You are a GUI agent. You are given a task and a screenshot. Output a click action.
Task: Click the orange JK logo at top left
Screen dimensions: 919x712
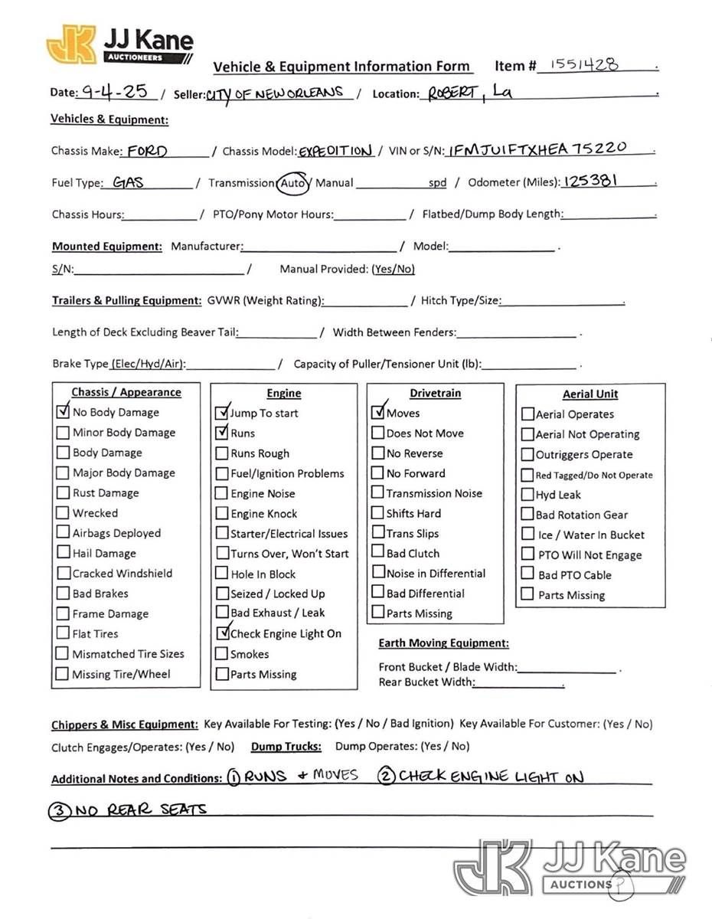(71, 44)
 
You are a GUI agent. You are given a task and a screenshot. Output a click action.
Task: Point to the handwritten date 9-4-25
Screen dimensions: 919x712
(115, 92)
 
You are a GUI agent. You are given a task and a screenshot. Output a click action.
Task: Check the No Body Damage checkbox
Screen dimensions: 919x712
(63, 411)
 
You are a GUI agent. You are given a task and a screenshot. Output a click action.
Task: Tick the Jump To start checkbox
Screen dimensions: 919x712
(222, 413)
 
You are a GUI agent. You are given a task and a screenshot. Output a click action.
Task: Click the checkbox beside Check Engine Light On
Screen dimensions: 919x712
(222, 633)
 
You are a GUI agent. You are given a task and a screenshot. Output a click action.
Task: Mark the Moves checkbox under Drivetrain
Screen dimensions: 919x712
(377, 412)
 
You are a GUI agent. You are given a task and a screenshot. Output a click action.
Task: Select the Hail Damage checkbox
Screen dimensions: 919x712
(63, 552)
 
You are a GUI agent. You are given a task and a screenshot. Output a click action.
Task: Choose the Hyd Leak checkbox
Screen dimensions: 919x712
(527, 495)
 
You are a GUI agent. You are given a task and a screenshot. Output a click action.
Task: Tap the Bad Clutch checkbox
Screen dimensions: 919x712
(377, 551)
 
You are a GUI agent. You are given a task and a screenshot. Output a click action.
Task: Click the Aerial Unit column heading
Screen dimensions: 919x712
(590, 394)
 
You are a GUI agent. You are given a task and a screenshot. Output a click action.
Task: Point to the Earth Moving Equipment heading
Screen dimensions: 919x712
(443, 643)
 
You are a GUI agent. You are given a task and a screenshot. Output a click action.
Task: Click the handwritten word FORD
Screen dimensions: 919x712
(147, 150)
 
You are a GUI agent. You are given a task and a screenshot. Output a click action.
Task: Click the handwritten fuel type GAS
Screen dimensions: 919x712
(128, 182)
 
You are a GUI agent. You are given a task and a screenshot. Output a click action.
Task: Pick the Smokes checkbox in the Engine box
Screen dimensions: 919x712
(222, 654)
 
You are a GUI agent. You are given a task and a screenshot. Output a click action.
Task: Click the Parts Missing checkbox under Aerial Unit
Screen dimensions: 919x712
(527, 594)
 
